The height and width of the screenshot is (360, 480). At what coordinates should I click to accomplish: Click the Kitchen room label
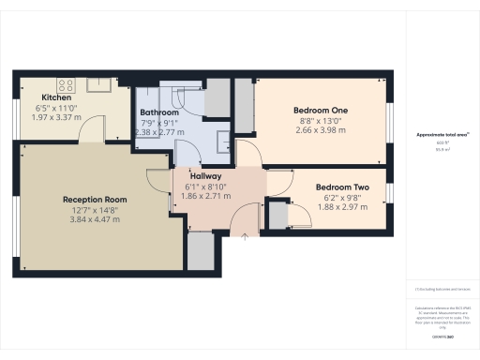point(57,97)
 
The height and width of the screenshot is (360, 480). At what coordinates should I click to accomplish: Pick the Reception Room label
point(94,200)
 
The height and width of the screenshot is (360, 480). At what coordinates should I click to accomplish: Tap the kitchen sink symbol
point(100,83)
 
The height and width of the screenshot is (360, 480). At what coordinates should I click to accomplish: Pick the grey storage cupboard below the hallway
point(201,250)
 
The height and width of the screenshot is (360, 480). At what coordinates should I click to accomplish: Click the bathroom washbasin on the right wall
point(224,142)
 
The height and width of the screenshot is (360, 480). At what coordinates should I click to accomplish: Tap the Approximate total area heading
point(442,135)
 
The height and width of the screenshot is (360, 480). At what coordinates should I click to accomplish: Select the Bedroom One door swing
point(247,151)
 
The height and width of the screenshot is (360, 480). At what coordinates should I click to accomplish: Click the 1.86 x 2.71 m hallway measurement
point(207,196)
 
